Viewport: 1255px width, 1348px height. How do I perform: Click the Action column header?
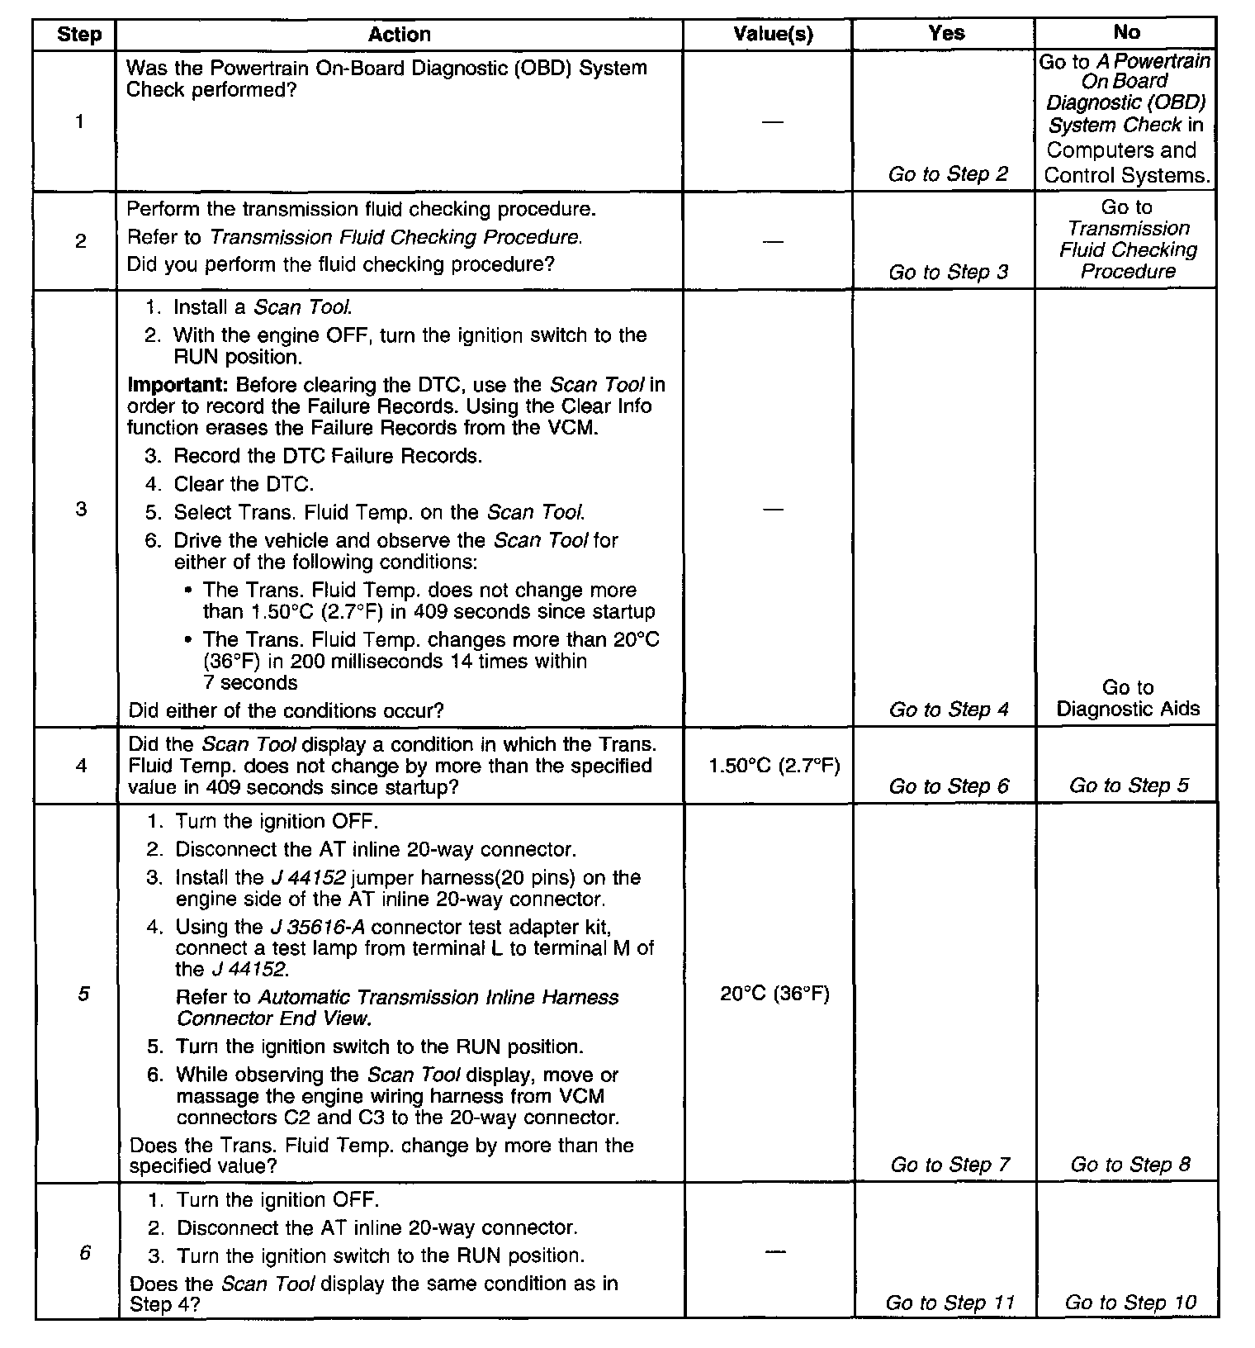click(x=399, y=35)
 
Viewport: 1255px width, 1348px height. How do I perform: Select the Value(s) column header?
click(x=773, y=35)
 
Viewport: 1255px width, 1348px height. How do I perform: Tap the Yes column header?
click(x=946, y=33)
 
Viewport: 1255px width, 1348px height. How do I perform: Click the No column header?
click(x=1126, y=33)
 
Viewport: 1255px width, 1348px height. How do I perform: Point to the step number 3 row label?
click(x=81, y=509)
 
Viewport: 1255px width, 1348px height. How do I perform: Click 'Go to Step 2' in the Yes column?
click(x=948, y=174)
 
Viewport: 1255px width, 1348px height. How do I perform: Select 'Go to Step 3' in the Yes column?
click(x=948, y=273)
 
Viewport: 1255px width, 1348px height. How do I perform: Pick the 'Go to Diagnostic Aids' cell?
click(x=1128, y=698)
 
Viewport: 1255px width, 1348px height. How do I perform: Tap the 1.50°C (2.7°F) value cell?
click(x=774, y=766)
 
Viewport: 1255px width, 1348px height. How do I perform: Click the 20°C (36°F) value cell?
click(x=774, y=994)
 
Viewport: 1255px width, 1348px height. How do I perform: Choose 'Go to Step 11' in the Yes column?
click(x=950, y=1303)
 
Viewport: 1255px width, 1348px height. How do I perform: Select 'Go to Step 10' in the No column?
click(x=1130, y=1303)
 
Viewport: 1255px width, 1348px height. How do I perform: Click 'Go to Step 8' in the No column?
click(x=1130, y=1165)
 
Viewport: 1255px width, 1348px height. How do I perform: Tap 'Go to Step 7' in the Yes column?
click(x=950, y=1165)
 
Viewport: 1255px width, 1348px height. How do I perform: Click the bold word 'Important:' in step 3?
click(x=178, y=386)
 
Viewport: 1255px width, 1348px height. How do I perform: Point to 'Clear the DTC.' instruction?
click(x=244, y=484)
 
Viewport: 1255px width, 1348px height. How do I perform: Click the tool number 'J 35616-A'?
click(x=317, y=927)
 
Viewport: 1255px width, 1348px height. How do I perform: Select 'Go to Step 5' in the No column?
click(x=1129, y=786)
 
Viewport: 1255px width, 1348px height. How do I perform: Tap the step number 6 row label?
click(x=84, y=1253)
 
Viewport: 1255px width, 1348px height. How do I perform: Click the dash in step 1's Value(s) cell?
click(x=773, y=122)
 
